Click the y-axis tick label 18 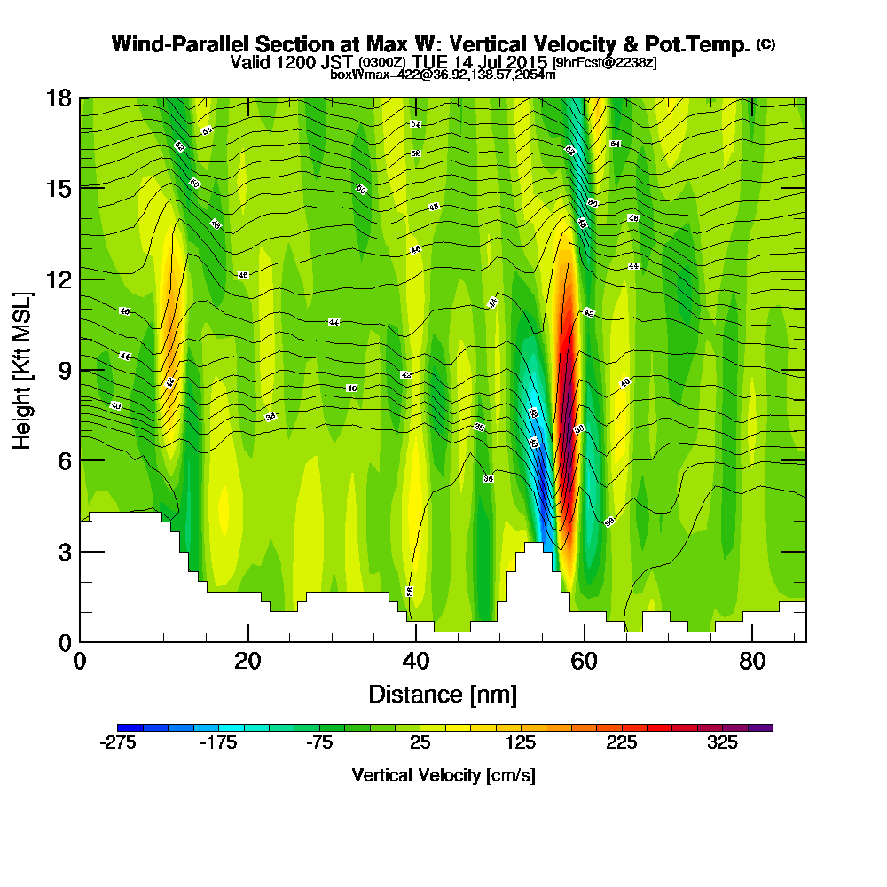[x=59, y=98]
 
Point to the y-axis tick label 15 [x=59, y=189]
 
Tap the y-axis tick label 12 [x=59, y=279]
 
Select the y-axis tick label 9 [x=64, y=370]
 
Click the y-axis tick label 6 [x=64, y=460]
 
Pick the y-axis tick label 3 [x=64, y=552]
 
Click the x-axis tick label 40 [x=415, y=663]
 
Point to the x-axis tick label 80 [x=751, y=663]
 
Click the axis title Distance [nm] [x=443, y=694]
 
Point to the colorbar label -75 [x=319, y=743]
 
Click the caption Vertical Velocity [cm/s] [x=443, y=775]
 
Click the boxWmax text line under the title [x=443, y=75]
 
